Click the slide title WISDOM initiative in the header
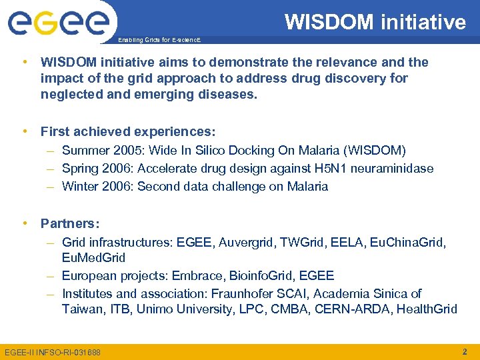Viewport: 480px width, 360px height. (x=375, y=22)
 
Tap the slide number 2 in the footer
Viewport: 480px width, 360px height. (x=464, y=351)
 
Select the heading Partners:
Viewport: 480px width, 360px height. (x=70, y=223)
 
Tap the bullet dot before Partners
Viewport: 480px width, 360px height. (x=25, y=223)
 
